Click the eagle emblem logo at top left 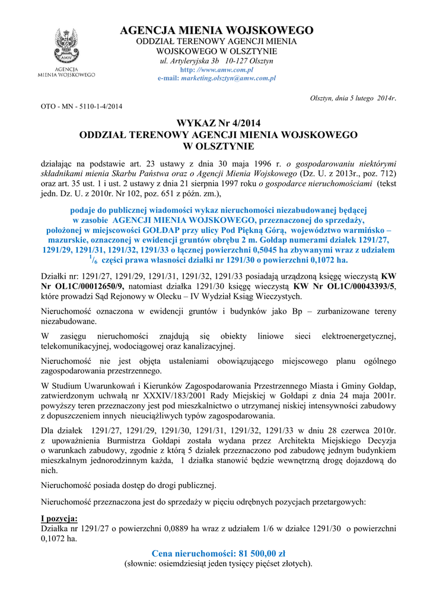pos(66,47)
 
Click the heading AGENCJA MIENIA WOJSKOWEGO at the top pos(216,30)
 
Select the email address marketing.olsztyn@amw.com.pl pos(229,78)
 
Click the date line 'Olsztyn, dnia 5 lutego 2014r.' pos(353,98)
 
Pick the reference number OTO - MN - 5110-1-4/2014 pos(81,107)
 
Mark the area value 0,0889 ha pos(165,528)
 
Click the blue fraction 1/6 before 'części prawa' pos(91,260)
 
